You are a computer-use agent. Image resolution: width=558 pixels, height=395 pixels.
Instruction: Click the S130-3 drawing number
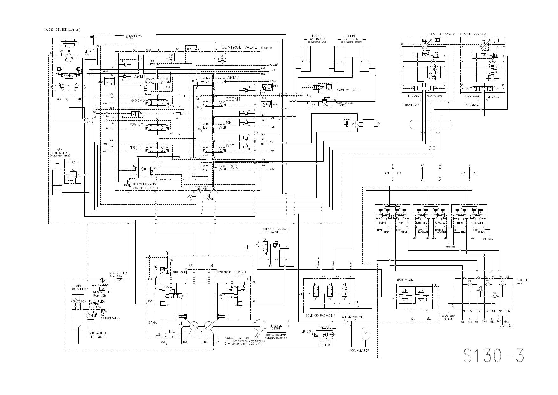493,355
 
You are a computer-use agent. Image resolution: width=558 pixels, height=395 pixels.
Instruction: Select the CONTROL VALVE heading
239,47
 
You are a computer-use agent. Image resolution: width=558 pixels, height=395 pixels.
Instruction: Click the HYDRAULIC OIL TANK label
97,335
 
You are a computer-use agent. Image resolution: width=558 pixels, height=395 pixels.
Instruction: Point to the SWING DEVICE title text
55,30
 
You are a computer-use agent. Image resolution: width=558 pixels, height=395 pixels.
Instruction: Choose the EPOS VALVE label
404,280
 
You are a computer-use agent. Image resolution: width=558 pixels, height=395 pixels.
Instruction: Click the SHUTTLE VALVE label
522,282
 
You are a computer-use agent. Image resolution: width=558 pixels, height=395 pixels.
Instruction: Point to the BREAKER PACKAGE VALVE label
275,230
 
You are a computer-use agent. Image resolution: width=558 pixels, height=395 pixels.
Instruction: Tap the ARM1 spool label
140,77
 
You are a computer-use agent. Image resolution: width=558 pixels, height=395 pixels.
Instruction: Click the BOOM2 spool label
137,100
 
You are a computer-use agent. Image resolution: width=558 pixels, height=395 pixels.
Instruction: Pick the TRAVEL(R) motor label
411,104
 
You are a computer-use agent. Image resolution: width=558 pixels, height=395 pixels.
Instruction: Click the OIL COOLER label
100,285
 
